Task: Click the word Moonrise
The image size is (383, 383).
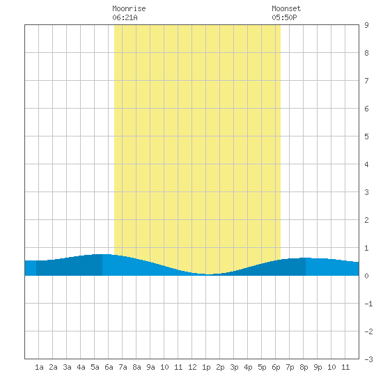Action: pos(129,8)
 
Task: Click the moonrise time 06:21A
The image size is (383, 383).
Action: pos(125,17)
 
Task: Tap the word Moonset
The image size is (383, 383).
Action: pos(286,8)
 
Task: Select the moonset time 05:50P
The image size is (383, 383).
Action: pos(284,17)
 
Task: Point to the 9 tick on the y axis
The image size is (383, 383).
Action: pos(366,25)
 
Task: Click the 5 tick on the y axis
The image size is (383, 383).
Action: pos(366,136)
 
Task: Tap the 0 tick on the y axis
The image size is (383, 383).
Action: pos(366,276)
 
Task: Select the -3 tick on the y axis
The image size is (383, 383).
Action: pos(369,359)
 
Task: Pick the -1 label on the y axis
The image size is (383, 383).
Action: pos(369,304)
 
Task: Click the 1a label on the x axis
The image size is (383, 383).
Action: pos(39,367)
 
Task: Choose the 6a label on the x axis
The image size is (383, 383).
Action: pos(109,367)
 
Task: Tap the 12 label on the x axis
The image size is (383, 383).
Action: pos(192,367)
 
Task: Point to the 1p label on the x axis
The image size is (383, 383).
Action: pos(206,367)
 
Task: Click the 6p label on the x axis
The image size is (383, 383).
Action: pos(276,367)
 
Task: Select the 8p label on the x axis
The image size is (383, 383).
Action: pos(304,367)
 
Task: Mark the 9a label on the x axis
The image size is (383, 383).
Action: pos(150,367)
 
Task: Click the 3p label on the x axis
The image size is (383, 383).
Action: pos(234,367)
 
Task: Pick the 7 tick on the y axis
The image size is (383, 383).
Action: pos(366,81)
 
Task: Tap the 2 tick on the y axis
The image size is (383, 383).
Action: pos(366,220)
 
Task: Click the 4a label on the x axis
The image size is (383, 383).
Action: pos(81,367)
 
